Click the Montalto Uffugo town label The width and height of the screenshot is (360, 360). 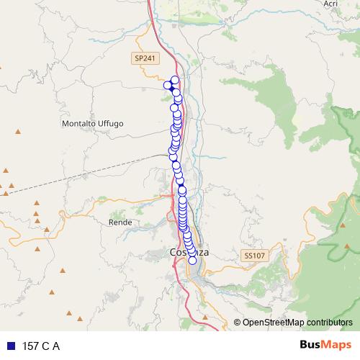(x=93, y=124)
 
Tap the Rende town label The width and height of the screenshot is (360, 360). (x=119, y=223)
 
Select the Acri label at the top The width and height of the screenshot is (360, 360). (x=330, y=4)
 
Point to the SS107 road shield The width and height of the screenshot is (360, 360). (x=253, y=256)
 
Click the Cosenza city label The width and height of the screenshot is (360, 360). (x=189, y=253)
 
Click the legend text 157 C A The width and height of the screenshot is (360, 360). (x=41, y=346)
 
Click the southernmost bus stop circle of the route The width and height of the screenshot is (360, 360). (x=192, y=261)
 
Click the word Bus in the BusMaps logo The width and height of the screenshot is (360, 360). (x=311, y=345)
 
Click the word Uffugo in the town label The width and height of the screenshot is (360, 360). (x=111, y=124)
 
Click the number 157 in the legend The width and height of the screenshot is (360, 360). (x=32, y=346)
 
